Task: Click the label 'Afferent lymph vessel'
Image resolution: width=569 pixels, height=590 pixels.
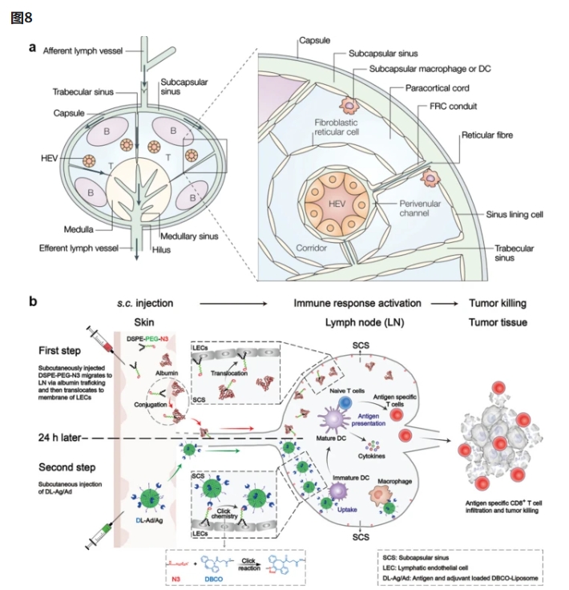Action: (x=82, y=51)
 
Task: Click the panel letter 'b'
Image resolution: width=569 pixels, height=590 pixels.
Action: (x=33, y=303)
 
